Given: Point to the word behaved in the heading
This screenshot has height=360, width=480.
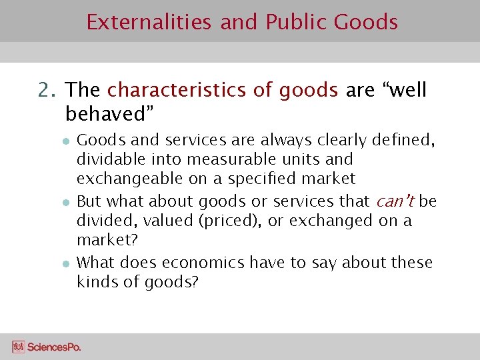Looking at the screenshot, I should [x=107, y=114].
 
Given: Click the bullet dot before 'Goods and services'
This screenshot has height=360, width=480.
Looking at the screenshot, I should [x=67, y=141].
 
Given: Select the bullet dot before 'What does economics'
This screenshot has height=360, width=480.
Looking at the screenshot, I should [x=67, y=263].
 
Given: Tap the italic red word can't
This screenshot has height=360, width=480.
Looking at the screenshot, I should [x=395, y=201].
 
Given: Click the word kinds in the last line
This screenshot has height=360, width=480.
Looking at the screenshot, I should [x=95, y=282].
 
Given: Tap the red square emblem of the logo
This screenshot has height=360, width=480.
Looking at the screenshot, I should [x=19, y=347].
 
